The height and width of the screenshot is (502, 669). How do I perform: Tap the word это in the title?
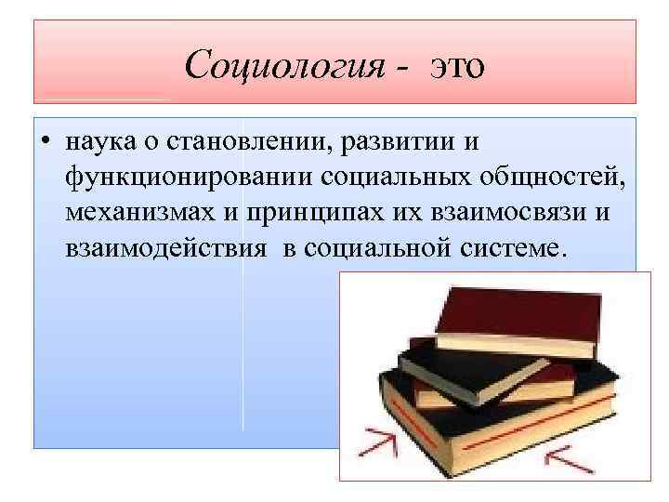[x=456, y=66]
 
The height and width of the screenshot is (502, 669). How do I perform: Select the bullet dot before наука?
[x=45, y=144]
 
